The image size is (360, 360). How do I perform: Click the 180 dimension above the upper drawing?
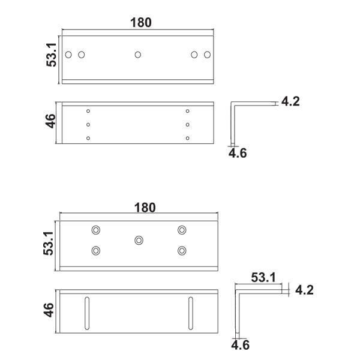(x=141, y=23)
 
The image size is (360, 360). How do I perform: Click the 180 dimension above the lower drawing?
(x=145, y=208)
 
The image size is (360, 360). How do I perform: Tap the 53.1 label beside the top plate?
(x=52, y=55)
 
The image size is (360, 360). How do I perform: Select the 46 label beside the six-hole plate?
(x=50, y=121)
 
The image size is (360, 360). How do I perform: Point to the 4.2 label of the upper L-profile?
(x=290, y=101)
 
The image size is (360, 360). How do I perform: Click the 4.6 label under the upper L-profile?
(x=238, y=153)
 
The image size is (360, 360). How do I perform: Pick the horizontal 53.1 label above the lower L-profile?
(x=263, y=277)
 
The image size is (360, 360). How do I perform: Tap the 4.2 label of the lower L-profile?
(x=304, y=290)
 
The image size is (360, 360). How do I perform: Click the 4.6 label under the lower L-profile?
(x=240, y=345)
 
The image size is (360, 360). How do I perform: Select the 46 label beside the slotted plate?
(x=49, y=310)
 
